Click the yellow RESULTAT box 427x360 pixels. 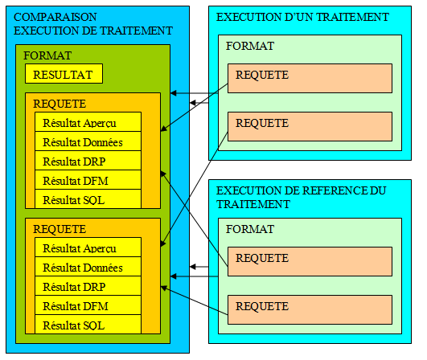click(x=64, y=73)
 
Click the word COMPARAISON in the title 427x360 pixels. click(x=55, y=17)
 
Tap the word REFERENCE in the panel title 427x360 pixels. click(x=326, y=190)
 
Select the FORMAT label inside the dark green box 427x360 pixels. click(x=47, y=55)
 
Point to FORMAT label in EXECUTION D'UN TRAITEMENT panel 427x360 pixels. click(x=250, y=46)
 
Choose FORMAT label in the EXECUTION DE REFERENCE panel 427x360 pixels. click(x=250, y=229)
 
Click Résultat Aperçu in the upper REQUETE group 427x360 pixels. click(x=80, y=123)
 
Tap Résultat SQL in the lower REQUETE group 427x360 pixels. click(x=74, y=325)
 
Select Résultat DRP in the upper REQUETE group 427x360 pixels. click(x=74, y=162)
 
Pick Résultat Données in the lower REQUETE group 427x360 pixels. click(x=83, y=268)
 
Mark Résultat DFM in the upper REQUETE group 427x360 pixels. click(x=76, y=181)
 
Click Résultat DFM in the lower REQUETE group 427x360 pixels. click(x=76, y=306)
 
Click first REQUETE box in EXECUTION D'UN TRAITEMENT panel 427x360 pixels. click(x=310, y=79)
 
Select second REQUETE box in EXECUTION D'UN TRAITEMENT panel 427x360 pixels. click(x=310, y=126)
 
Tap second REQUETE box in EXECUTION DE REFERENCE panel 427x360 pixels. click(x=310, y=309)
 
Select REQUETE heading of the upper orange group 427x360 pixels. click(x=60, y=104)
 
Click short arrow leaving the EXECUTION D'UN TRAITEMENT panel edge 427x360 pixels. click(x=199, y=103)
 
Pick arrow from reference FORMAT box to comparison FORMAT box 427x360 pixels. click(x=194, y=276)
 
